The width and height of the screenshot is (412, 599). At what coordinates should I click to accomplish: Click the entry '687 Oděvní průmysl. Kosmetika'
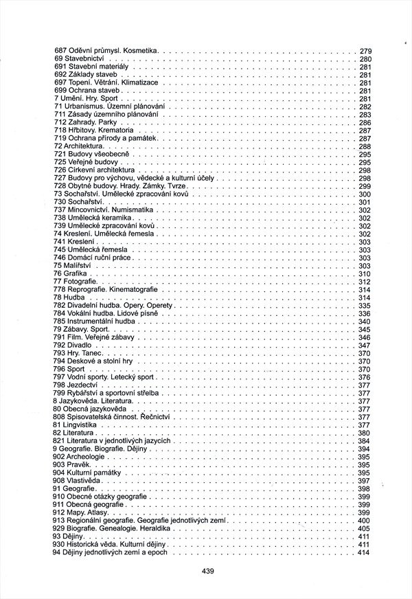point(106,51)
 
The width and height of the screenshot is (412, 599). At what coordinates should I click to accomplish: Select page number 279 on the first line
point(365,51)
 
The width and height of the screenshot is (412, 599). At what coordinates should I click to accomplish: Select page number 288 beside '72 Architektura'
point(365,146)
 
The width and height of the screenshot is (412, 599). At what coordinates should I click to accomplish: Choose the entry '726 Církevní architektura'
point(93,170)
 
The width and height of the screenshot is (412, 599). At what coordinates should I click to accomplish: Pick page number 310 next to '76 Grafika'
point(365,274)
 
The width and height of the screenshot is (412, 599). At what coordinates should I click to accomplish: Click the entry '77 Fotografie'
point(76,282)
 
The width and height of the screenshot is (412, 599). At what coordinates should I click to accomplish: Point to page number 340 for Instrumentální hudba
point(365,321)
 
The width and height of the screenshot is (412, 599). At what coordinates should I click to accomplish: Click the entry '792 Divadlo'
point(75,345)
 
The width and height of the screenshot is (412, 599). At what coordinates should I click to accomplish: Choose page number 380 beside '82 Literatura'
point(365,433)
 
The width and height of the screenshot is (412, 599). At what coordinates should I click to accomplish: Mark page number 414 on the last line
point(365,552)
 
